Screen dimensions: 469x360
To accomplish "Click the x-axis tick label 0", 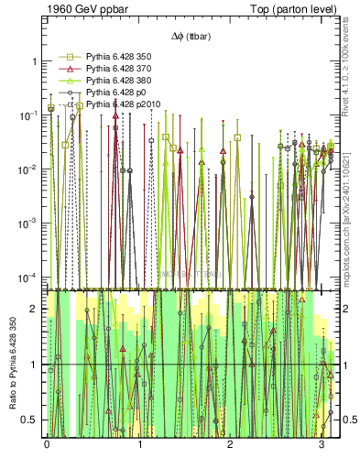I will click(47, 443).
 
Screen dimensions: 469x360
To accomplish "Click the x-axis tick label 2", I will click(230, 443).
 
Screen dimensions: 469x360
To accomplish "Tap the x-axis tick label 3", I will click(322, 443).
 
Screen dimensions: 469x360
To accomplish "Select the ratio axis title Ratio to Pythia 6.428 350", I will click(13, 366).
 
